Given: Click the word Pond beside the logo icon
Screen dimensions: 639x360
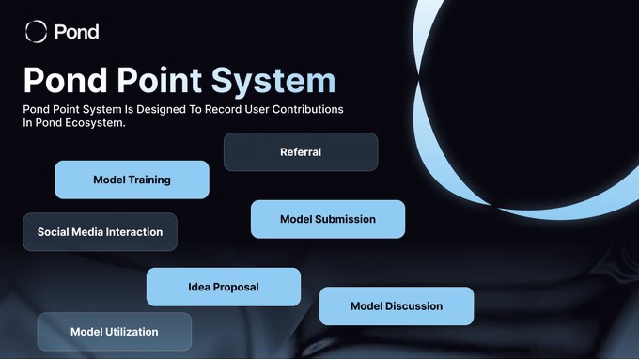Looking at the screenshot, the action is point(77,32).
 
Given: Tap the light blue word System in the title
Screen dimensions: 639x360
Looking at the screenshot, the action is point(273,81).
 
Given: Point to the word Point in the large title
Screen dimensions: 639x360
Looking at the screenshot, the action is point(160,80).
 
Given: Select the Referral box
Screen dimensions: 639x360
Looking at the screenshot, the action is point(301,151).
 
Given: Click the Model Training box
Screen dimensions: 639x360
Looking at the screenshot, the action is point(132,180).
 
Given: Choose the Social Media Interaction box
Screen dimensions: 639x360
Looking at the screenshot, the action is point(101,232).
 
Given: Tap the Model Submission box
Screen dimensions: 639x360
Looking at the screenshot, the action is point(328,219).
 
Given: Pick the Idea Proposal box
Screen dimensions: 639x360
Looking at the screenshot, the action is point(224,287).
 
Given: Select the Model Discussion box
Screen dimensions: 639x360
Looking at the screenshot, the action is point(397,306).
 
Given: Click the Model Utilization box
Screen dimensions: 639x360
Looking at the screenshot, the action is point(115,332).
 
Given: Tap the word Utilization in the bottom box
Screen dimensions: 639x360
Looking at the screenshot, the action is point(132,332).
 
